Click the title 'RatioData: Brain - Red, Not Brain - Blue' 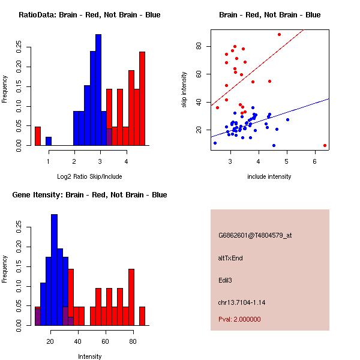tap(89, 15)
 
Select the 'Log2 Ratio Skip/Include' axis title tap(89, 176)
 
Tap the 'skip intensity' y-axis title tap(185, 89)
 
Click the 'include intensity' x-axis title tap(269, 176)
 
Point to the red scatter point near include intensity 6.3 tap(325, 145)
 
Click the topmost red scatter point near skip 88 tap(279, 34)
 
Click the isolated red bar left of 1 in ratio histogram tap(38, 136)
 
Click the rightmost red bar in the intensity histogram tap(142, 316)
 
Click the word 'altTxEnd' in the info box tap(230, 258)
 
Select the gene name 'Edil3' tap(226, 280)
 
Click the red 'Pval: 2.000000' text tap(239, 319)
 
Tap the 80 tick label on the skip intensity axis tap(206, 46)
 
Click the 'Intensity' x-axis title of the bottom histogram tap(89, 356)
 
